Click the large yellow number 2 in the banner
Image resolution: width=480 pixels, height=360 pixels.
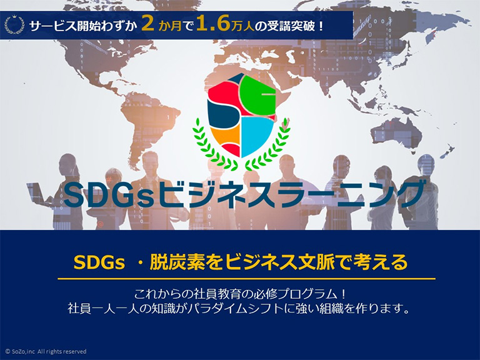tap(148, 24)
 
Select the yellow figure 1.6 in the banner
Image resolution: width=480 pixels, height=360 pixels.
tap(210, 24)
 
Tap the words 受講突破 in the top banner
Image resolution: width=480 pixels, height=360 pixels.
tap(294, 26)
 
